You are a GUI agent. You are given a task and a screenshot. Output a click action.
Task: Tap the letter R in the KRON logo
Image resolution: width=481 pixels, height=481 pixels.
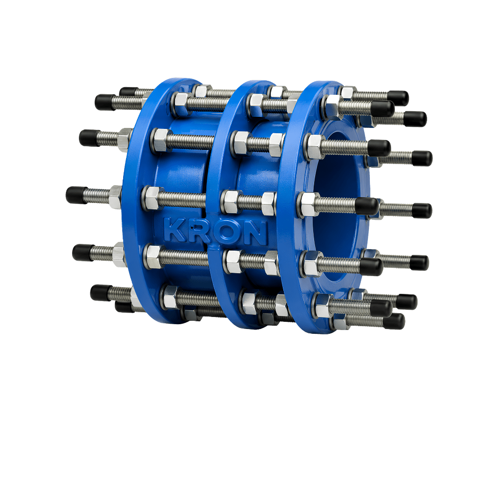point(198,231)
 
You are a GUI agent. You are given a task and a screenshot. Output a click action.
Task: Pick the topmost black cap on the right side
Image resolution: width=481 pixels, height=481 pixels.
point(398,98)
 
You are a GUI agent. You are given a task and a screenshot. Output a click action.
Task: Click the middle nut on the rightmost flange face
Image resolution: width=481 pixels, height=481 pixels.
point(308,204)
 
